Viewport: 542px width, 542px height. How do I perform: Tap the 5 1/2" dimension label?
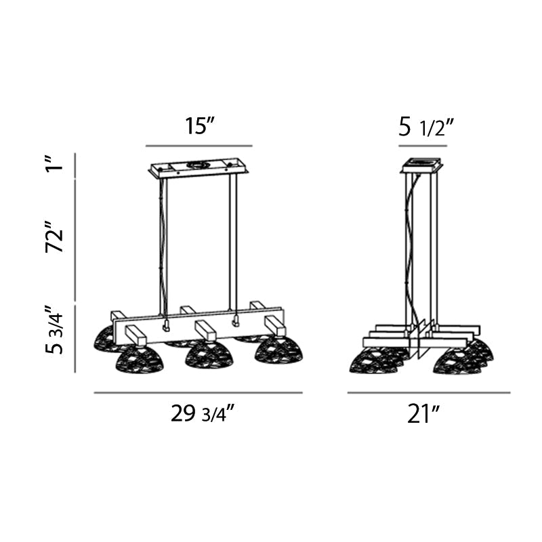[x=426, y=127]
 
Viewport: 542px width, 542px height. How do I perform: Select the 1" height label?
[x=54, y=163]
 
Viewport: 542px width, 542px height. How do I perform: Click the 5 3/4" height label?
[x=54, y=329]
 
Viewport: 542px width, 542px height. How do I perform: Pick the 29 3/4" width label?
[x=203, y=413]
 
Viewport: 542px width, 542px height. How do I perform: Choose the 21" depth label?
[x=423, y=414]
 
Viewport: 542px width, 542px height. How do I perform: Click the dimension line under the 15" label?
[x=199, y=146]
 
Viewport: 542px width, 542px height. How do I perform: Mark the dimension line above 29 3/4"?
[x=199, y=393]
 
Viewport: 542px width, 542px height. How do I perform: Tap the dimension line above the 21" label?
[x=429, y=393]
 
